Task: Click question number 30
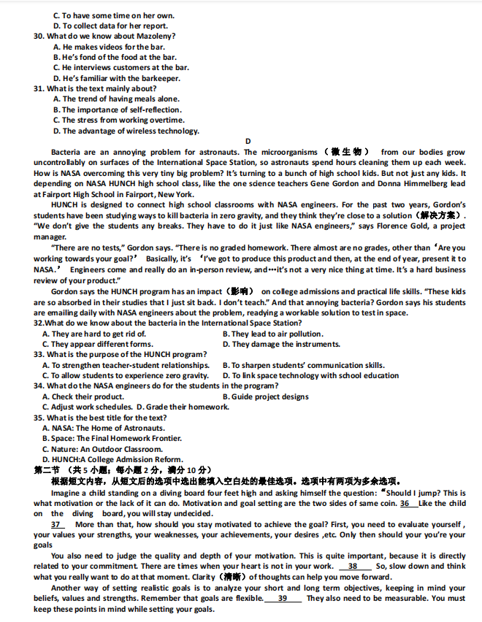[39, 36]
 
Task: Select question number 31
[39, 88]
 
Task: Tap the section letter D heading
[248, 142]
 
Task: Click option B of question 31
[118, 110]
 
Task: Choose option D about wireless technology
[126, 131]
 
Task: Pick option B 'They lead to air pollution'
[272, 334]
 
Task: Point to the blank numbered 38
[353, 566]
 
